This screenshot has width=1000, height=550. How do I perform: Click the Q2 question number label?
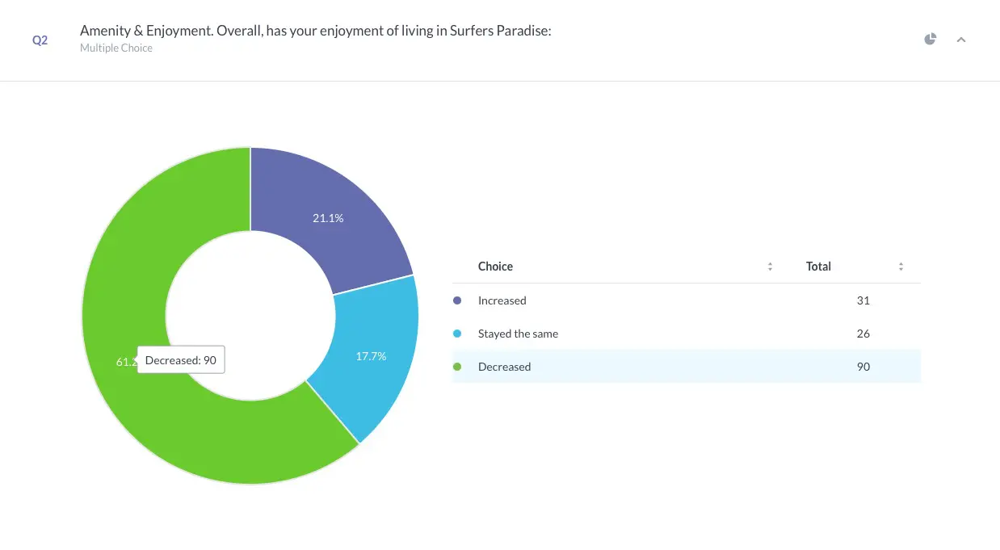(x=40, y=40)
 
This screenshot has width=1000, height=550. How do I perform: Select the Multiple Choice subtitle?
(x=116, y=48)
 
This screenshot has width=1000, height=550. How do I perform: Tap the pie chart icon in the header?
(x=931, y=39)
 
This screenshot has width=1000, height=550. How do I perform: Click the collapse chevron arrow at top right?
(x=961, y=40)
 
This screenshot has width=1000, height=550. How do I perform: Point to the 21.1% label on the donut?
(x=328, y=218)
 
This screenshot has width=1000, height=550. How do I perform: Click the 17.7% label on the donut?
(x=371, y=355)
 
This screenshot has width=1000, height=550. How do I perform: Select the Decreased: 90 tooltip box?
(x=181, y=360)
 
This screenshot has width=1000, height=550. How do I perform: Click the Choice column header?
(x=495, y=267)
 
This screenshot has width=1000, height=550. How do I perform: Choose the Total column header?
(x=818, y=267)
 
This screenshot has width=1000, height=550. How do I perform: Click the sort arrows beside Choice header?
(x=770, y=267)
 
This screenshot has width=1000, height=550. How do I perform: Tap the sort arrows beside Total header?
(x=901, y=267)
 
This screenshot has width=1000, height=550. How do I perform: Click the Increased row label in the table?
(x=502, y=300)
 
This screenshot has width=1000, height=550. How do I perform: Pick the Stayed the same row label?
(x=518, y=334)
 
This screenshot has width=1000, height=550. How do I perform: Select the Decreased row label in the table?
(x=504, y=367)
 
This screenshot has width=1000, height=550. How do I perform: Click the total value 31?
(x=863, y=300)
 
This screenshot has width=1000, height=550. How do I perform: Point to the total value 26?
(x=863, y=334)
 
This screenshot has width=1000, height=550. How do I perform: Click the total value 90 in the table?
(x=863, y=367)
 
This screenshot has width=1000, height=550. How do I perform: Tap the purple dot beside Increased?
(x=457, y=300)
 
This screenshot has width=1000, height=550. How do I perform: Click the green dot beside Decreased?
(x=457, y=367)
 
